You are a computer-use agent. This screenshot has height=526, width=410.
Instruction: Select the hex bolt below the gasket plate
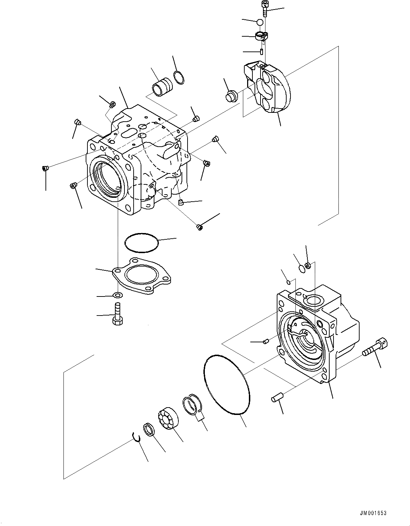point(118,314)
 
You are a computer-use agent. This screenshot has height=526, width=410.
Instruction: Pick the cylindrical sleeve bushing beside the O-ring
point(162,87)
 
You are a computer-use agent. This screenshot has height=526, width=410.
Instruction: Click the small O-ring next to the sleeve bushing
point(179,78)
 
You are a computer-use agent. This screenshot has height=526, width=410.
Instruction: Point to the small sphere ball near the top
point(260,22)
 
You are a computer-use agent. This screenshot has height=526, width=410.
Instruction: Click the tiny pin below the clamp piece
point(262,52)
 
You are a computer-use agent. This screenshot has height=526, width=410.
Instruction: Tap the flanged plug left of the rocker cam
point(232,96)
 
